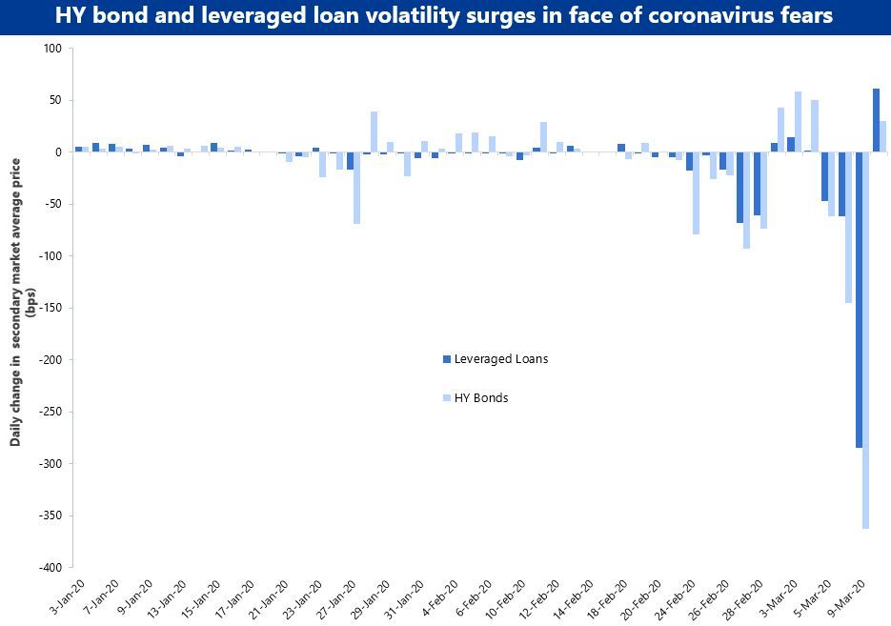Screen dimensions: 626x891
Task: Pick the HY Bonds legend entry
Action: pos(481,397)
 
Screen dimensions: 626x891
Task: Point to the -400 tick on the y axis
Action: pos(49,567)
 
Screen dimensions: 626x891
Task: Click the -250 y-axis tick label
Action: pos(49,412)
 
